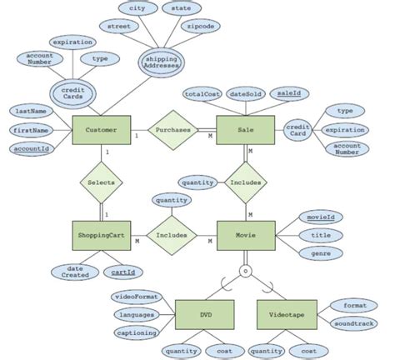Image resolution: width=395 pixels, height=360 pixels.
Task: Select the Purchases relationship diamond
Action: (173, 131)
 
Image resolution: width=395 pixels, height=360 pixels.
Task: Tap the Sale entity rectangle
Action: (246, 131)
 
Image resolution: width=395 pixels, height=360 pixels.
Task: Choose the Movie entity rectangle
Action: (246, 236)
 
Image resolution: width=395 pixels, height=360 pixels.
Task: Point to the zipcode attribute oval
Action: (202, 27)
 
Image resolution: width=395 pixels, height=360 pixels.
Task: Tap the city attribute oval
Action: (137, 8)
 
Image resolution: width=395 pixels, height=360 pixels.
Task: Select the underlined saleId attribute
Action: (289, 94)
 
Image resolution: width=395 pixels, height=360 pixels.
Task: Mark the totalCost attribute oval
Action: (202, 94)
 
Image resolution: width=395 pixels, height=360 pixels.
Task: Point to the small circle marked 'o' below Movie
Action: (245, 271)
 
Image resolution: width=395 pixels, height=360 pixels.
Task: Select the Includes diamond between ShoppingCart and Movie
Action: (171, 236)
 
